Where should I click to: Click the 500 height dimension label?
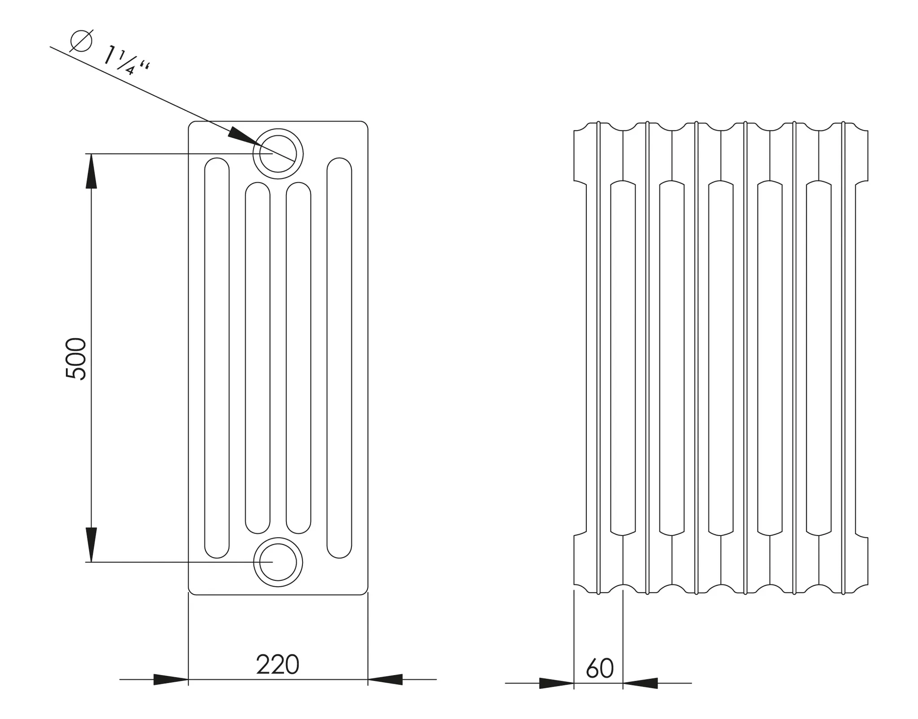76,359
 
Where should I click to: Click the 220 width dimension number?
277,665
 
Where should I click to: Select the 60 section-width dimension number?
599,669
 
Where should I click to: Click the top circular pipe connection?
278,153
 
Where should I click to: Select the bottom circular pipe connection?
278,562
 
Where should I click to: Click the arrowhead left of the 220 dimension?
170,680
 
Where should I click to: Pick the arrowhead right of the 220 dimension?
385,680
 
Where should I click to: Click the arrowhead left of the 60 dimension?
556,683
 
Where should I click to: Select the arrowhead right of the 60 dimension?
640,683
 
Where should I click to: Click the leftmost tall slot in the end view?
217,358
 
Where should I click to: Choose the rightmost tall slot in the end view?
339,358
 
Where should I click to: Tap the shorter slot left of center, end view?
258,358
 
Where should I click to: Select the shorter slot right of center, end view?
299,358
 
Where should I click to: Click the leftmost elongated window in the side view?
623,358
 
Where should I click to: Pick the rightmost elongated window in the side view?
818,358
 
